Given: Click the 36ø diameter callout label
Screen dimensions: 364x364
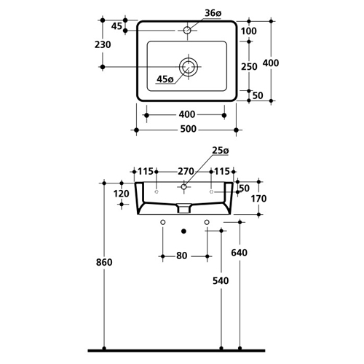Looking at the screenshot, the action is [x=213, y=13].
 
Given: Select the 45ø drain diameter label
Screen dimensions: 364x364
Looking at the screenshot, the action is [x=165, y=79].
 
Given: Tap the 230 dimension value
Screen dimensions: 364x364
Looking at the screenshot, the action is [x=103, y=44].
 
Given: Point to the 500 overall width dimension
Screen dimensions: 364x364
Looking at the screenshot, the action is [x=189, y=129].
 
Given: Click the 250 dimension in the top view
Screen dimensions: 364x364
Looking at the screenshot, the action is [x=249, y=66].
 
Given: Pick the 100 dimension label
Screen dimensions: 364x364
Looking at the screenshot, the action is [x=249, y=31].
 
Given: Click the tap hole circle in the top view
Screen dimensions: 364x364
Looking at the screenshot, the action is [x=187, y=31].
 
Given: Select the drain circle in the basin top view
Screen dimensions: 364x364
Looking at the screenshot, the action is [x=189, y=67].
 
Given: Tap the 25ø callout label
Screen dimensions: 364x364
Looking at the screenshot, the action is [x=221, y=151].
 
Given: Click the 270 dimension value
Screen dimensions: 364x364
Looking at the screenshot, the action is [x=186, y=171].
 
